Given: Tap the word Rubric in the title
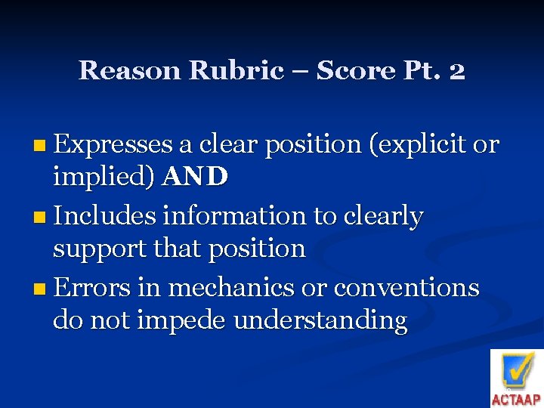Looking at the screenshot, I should (236, 70).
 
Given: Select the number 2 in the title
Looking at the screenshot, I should (456, 70).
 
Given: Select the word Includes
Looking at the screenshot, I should (105, 216).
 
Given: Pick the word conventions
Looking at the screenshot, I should (406, 287).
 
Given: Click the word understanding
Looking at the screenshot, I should (320, 320).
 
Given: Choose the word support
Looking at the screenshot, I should (99, 249).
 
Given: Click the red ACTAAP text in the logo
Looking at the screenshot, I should (517, 399).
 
